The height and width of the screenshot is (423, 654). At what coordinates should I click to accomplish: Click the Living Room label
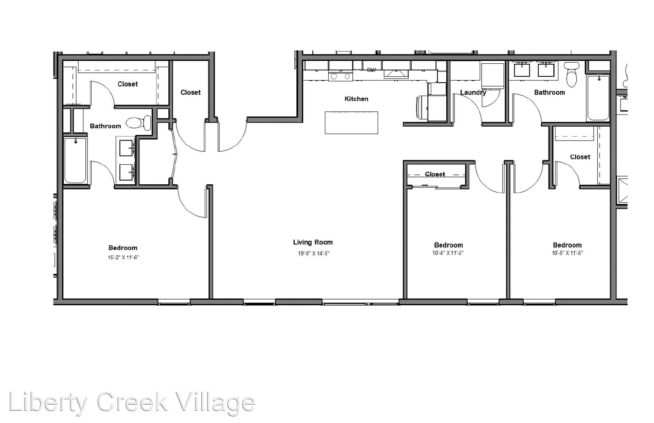coord(313,242)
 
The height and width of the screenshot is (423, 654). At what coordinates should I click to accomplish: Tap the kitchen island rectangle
coord(351,123)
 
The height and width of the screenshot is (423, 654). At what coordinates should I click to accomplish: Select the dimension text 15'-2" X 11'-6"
coord(123,257)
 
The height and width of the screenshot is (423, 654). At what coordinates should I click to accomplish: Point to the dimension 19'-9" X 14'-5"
coord(313,253)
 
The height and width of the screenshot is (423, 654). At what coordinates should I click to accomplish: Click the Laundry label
coord(473,92)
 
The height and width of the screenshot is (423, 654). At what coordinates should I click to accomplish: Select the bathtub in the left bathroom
coord(75,160)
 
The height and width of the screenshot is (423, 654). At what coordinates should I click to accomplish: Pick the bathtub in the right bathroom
coord(598,98)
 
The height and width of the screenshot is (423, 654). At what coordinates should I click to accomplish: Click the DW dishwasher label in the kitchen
coord(371,70)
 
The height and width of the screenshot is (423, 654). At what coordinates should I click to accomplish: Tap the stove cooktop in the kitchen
coord(340,76)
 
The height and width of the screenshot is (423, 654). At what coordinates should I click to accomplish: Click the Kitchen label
coord(356,99)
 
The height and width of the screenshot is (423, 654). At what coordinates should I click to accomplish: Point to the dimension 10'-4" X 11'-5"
coord(448,253)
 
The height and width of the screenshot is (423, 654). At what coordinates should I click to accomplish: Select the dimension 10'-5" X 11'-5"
coord(567,253)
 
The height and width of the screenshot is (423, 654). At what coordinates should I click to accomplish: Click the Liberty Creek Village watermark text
coord(132,403)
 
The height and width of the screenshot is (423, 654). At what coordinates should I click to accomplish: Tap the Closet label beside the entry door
coord(190,92)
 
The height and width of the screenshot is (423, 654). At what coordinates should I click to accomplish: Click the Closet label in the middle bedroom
coord(435,174)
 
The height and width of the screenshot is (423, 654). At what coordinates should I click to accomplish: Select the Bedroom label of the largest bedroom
coord(123,248)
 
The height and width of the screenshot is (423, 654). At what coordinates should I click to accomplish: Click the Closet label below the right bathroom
coord(580,157)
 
